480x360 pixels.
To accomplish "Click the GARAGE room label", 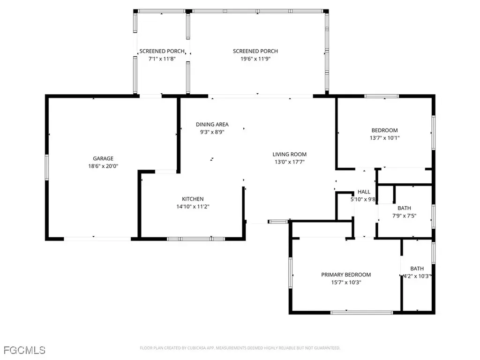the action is click(x=103, y=158).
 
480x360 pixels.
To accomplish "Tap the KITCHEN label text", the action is click(x=193, y=199).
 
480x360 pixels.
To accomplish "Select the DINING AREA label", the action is click(x=212, y=125).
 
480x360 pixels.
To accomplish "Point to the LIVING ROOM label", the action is click(x=290, y=155).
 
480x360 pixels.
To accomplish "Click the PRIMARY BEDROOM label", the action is click(x=346, y=275).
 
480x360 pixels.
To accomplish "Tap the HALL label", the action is click(x=364, y=192).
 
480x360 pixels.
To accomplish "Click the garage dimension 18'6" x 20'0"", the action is click(x=103, y=166).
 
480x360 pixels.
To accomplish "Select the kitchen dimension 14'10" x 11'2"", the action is click(x=193, y=207).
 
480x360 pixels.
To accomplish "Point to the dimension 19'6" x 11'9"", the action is click(x=255, y=59).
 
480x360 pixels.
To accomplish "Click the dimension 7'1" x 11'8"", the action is click(x=162, y=59).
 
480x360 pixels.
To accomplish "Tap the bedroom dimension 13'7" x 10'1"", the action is click(x=384, y=138).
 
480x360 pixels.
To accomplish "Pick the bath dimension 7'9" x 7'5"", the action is click(x=405, y=216).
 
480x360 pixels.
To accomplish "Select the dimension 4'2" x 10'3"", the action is click(x=417, y=276).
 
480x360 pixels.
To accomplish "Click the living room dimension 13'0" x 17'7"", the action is click(x=290, y=162).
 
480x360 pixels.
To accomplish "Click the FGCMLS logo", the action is click(x=24, y=350).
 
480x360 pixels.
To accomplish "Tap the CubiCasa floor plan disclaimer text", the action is click(x=240, y=348).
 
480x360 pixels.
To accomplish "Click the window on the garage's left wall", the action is click(x=47, y=167).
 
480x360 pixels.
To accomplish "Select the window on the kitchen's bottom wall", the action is click(x=196, y=239).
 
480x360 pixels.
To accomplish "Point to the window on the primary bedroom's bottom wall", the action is click(x=361, y=313).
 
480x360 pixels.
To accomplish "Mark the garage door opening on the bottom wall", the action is click(x=97, y=239).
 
